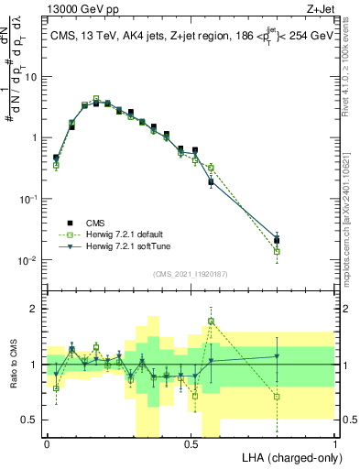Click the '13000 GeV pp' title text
(x=78, y=9)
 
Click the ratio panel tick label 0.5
(x=30, y=420)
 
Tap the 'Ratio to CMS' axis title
(x=14, y=365)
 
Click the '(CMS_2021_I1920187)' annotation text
(x=191, y=274)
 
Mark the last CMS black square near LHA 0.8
(x=277, y=241)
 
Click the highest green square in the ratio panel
(x=211, y=321)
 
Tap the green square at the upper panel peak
(x=95, y=98)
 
